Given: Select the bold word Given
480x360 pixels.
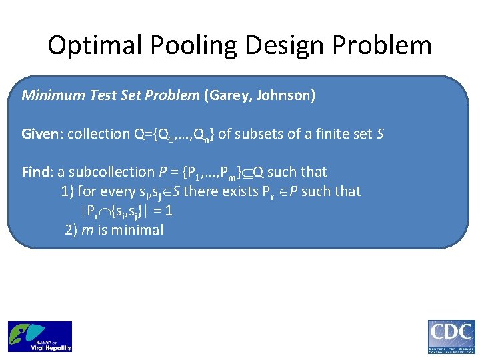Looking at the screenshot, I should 39,134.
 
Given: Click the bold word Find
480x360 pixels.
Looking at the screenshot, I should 35,172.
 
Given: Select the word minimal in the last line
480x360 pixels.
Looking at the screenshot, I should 137,230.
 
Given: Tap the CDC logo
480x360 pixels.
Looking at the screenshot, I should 451,336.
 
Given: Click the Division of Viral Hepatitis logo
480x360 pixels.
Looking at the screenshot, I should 40,336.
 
